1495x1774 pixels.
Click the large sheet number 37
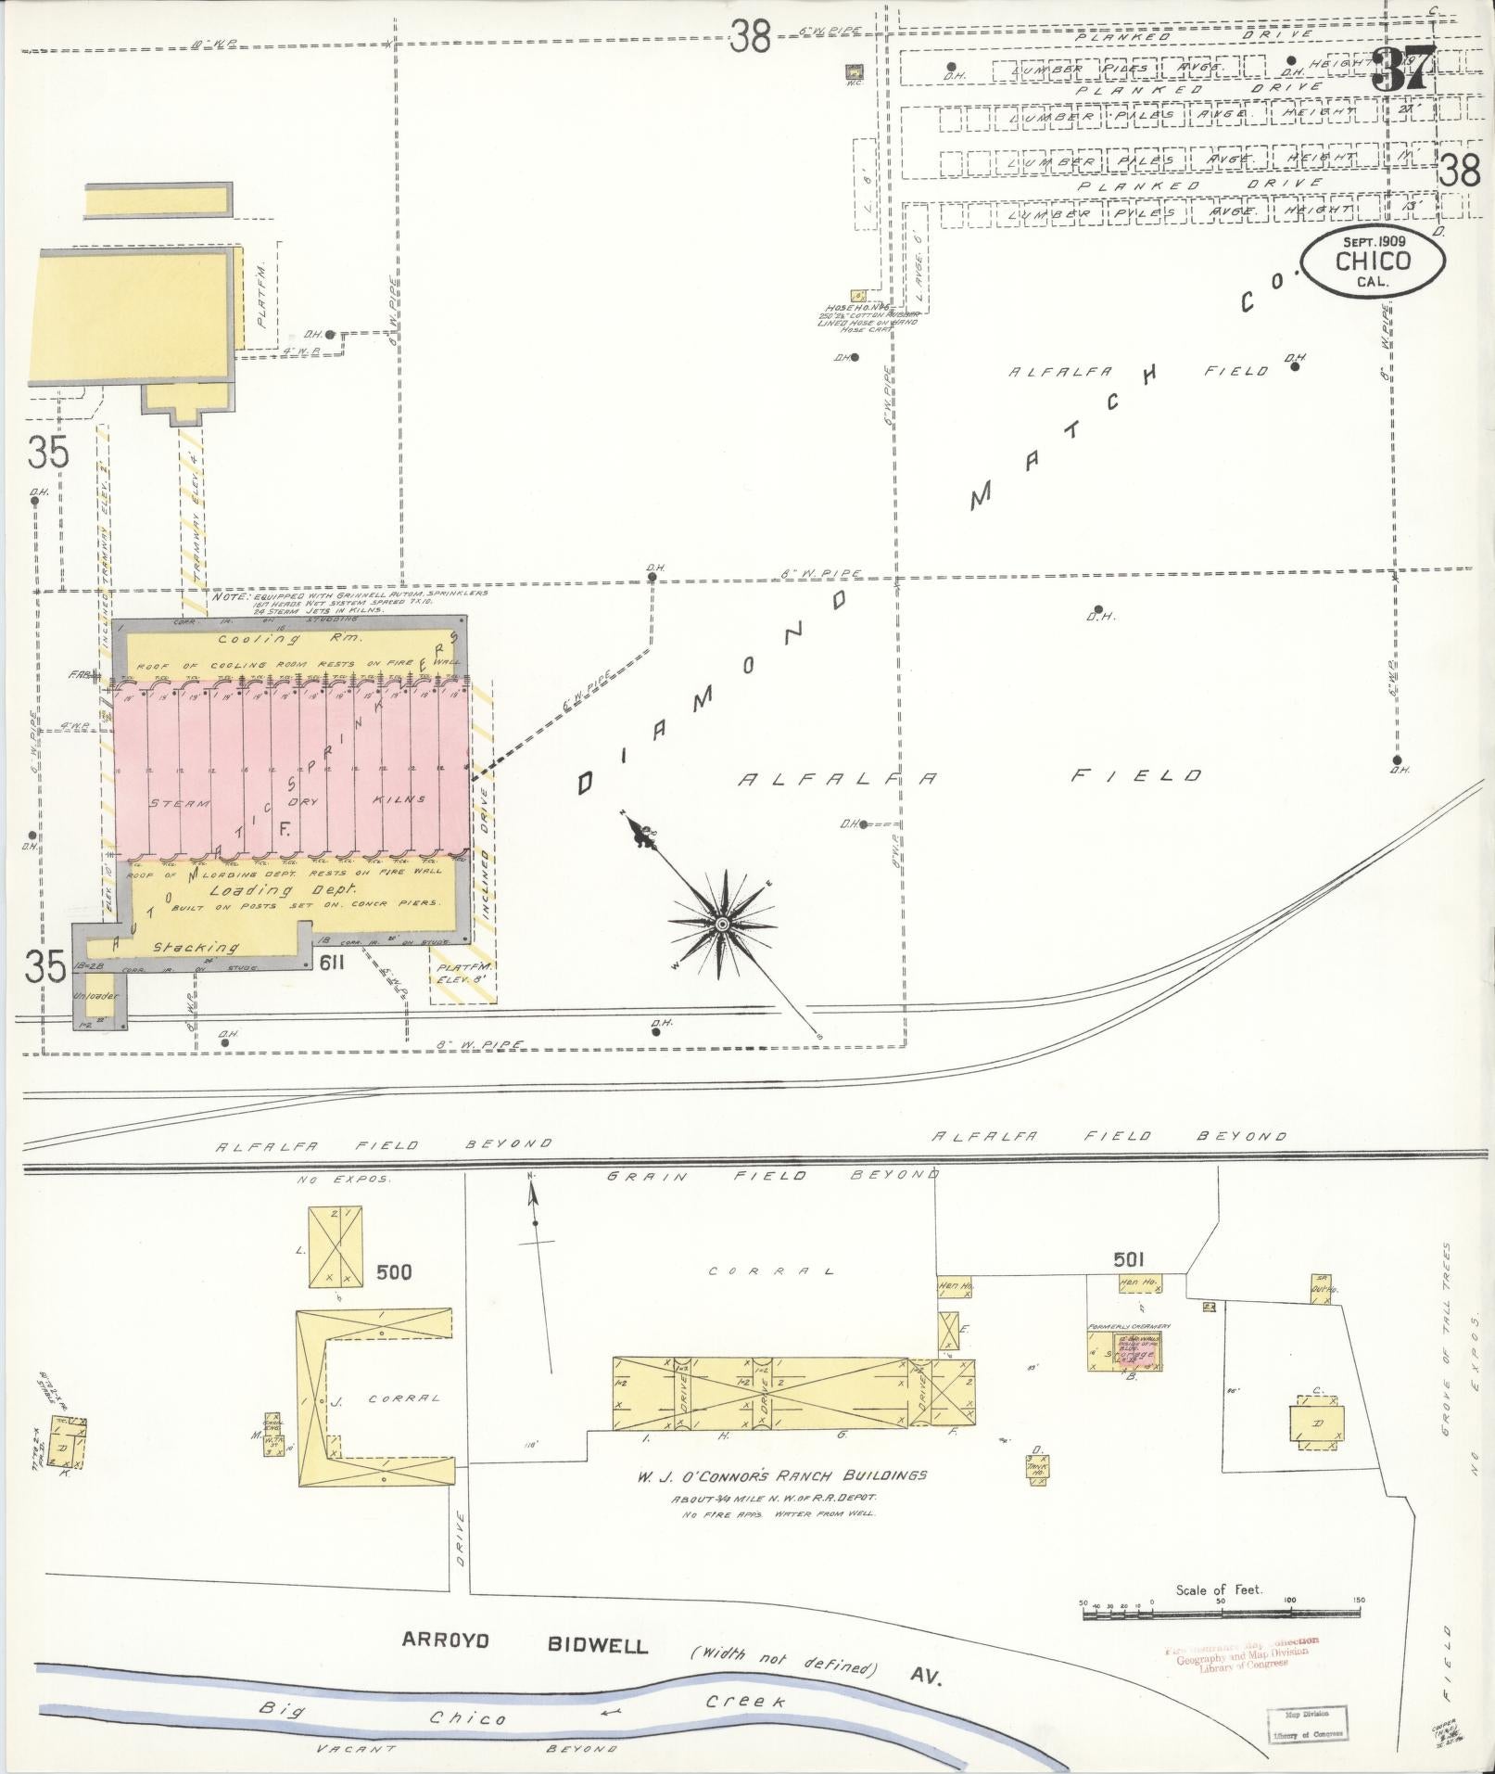click(x=1403, y=69)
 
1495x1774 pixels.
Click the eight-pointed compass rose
click(x=721, y=923)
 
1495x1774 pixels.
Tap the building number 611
click(x=331, y=963)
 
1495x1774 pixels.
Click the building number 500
click(x=394, y=1271)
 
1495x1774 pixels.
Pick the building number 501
click(x=1129, y=1259)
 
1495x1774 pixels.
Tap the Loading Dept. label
click(x=264, y=890)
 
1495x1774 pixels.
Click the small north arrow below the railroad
click(x=534, y=1202)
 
